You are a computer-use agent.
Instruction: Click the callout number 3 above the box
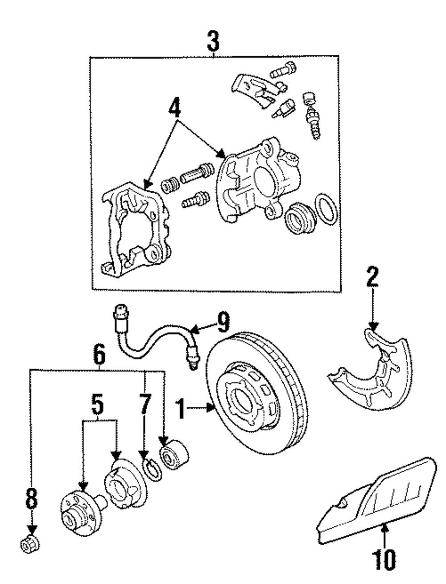214,41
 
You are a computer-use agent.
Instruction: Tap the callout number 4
174,107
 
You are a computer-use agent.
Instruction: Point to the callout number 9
223,322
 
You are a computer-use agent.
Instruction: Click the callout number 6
99,354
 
